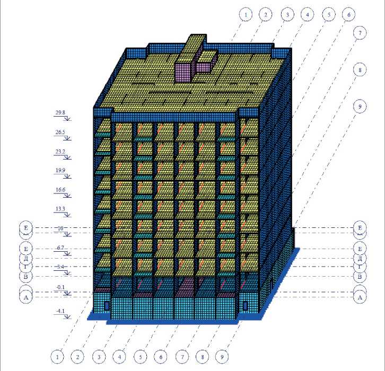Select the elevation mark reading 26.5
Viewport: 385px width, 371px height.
point(60,132)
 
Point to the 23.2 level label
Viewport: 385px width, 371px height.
point(60,152)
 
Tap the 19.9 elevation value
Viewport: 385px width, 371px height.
point(60,171)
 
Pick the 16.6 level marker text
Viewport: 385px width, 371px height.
point(60,190)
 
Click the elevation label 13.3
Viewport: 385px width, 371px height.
point(60,209)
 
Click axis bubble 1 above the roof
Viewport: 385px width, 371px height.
point(245,15)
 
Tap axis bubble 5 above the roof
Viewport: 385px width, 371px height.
point(328,15)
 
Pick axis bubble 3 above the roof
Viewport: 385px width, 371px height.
point(286,15)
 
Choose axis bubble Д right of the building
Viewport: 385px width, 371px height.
point(360,259)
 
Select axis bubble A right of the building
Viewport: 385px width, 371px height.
point(360,297)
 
